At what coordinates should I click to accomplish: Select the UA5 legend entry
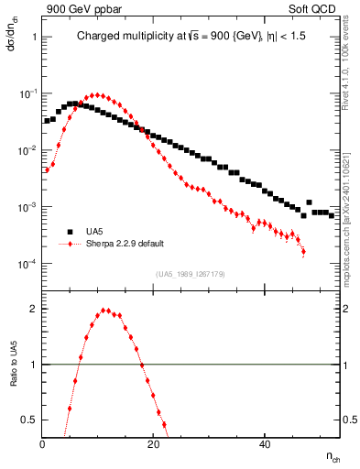click(x=95, y=232)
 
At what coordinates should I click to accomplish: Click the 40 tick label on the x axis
click(x=264, y=444)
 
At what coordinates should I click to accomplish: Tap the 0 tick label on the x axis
click(x=43, y=444)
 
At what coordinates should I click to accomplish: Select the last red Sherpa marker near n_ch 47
click(x=303, y=251)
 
